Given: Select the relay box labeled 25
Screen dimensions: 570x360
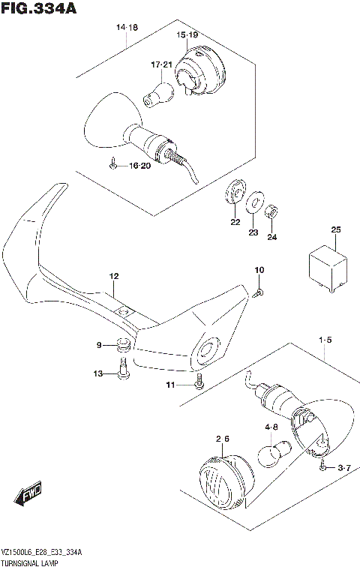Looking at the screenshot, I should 326,267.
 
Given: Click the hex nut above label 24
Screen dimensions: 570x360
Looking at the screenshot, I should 274,212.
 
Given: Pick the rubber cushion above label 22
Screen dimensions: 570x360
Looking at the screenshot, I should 234,192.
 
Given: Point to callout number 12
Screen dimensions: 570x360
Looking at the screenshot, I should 113,276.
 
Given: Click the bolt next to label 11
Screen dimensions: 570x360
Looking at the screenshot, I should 198,383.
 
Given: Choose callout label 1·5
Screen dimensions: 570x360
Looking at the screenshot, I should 324,340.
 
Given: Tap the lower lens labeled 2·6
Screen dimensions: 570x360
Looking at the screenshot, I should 221,477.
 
